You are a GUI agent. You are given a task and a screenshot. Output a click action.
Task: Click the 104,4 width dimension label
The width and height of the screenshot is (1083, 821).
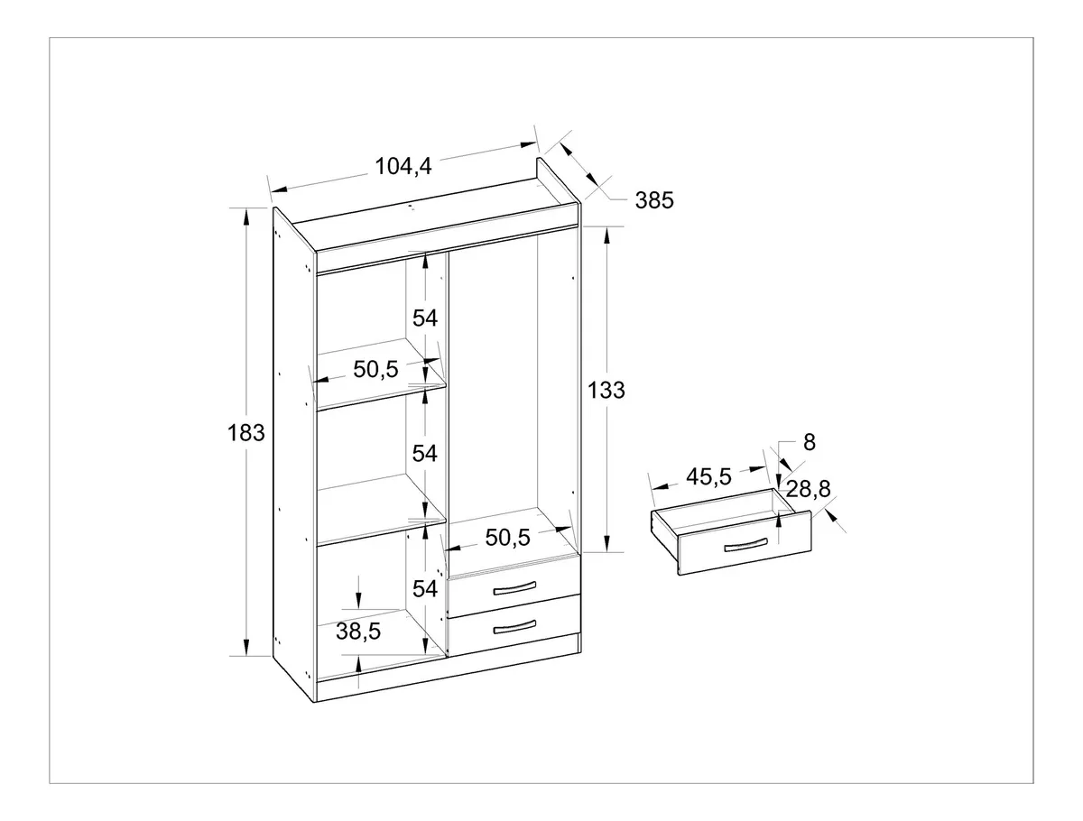403,166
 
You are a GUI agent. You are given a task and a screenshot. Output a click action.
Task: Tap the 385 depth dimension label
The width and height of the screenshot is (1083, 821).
654,200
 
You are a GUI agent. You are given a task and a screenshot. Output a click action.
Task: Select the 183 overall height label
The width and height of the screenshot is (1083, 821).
245,433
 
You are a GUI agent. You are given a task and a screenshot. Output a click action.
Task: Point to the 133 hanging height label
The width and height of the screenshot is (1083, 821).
606,390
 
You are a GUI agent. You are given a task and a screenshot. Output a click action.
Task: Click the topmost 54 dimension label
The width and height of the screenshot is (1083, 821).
425,318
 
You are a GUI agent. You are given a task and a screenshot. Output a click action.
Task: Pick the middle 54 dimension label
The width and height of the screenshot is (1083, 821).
425,453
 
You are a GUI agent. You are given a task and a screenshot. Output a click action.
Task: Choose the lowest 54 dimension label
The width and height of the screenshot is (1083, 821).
425,589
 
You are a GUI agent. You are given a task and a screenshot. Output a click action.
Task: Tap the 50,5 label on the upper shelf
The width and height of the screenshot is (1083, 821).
375,369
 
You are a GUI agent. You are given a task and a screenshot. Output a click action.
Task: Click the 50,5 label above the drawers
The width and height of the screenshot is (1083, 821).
508,538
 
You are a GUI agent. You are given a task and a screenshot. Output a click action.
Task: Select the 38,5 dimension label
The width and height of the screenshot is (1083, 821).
358,632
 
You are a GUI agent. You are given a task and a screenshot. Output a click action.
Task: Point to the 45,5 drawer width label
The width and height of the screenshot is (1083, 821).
708,477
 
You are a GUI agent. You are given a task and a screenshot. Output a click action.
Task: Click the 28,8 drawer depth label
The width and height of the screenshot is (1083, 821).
808,489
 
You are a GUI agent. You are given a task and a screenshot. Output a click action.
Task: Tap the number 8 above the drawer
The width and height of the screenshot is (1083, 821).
810,442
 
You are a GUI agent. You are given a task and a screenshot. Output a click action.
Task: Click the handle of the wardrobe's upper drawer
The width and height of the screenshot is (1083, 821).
514,588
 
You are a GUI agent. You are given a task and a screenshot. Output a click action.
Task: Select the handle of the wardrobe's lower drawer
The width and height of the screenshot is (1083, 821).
514,627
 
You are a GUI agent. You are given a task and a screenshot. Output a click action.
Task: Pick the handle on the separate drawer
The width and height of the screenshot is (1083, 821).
746,545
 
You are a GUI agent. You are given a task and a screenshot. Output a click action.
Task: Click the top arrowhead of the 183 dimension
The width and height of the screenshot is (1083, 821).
245,216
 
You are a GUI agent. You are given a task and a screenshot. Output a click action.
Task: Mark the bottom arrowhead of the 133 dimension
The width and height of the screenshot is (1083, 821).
606,544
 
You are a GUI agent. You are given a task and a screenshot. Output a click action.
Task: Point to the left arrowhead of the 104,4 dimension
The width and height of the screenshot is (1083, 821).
279,189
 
